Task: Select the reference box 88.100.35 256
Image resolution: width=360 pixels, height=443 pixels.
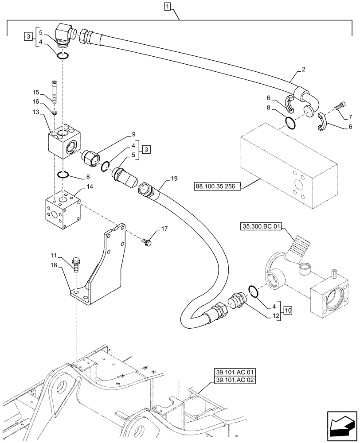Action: coord(217,187)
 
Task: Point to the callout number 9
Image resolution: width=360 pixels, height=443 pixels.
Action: coord(121,134)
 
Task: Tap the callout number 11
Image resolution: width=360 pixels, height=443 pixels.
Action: coord(53,256)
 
